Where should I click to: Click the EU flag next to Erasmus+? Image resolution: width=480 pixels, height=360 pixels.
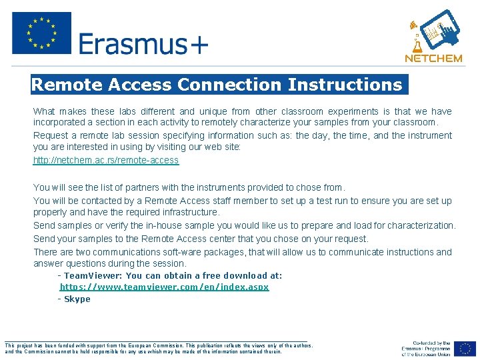coord(41,33)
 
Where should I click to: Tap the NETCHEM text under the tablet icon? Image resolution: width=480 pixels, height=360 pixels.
coord(433,58)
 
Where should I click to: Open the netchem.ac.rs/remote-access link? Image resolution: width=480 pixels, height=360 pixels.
coord(106,160)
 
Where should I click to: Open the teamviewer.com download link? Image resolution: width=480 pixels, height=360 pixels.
coord(164,287)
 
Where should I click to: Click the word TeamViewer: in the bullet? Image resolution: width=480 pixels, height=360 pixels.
coord(93,275)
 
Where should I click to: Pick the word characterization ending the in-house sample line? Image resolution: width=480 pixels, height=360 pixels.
coord(421,225)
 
